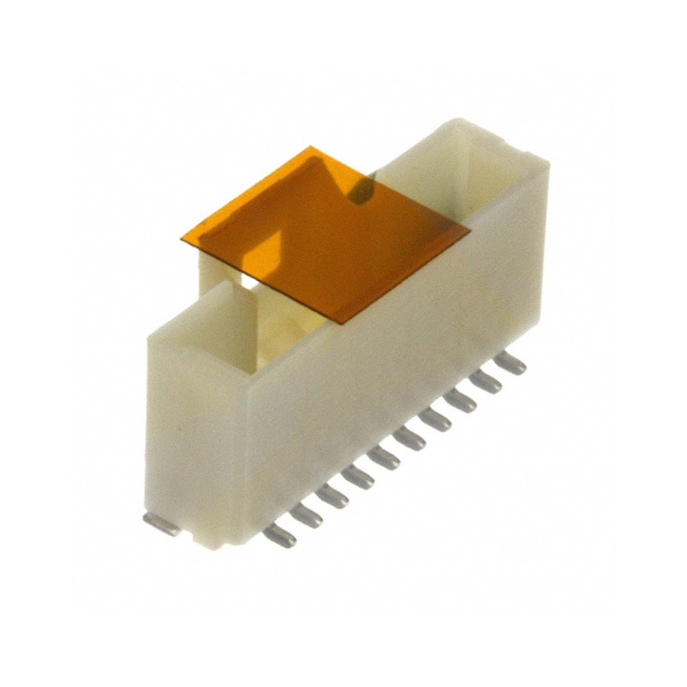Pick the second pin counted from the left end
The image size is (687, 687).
pos(306,515)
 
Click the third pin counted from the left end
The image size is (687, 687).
pos(331,495)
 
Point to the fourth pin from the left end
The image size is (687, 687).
pos(357,476)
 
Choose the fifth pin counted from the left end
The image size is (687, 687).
pos(383,457)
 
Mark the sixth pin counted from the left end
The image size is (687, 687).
pos(409,438)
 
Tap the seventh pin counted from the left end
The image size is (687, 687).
pos(435,419)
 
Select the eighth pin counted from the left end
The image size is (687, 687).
pos(460,400)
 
